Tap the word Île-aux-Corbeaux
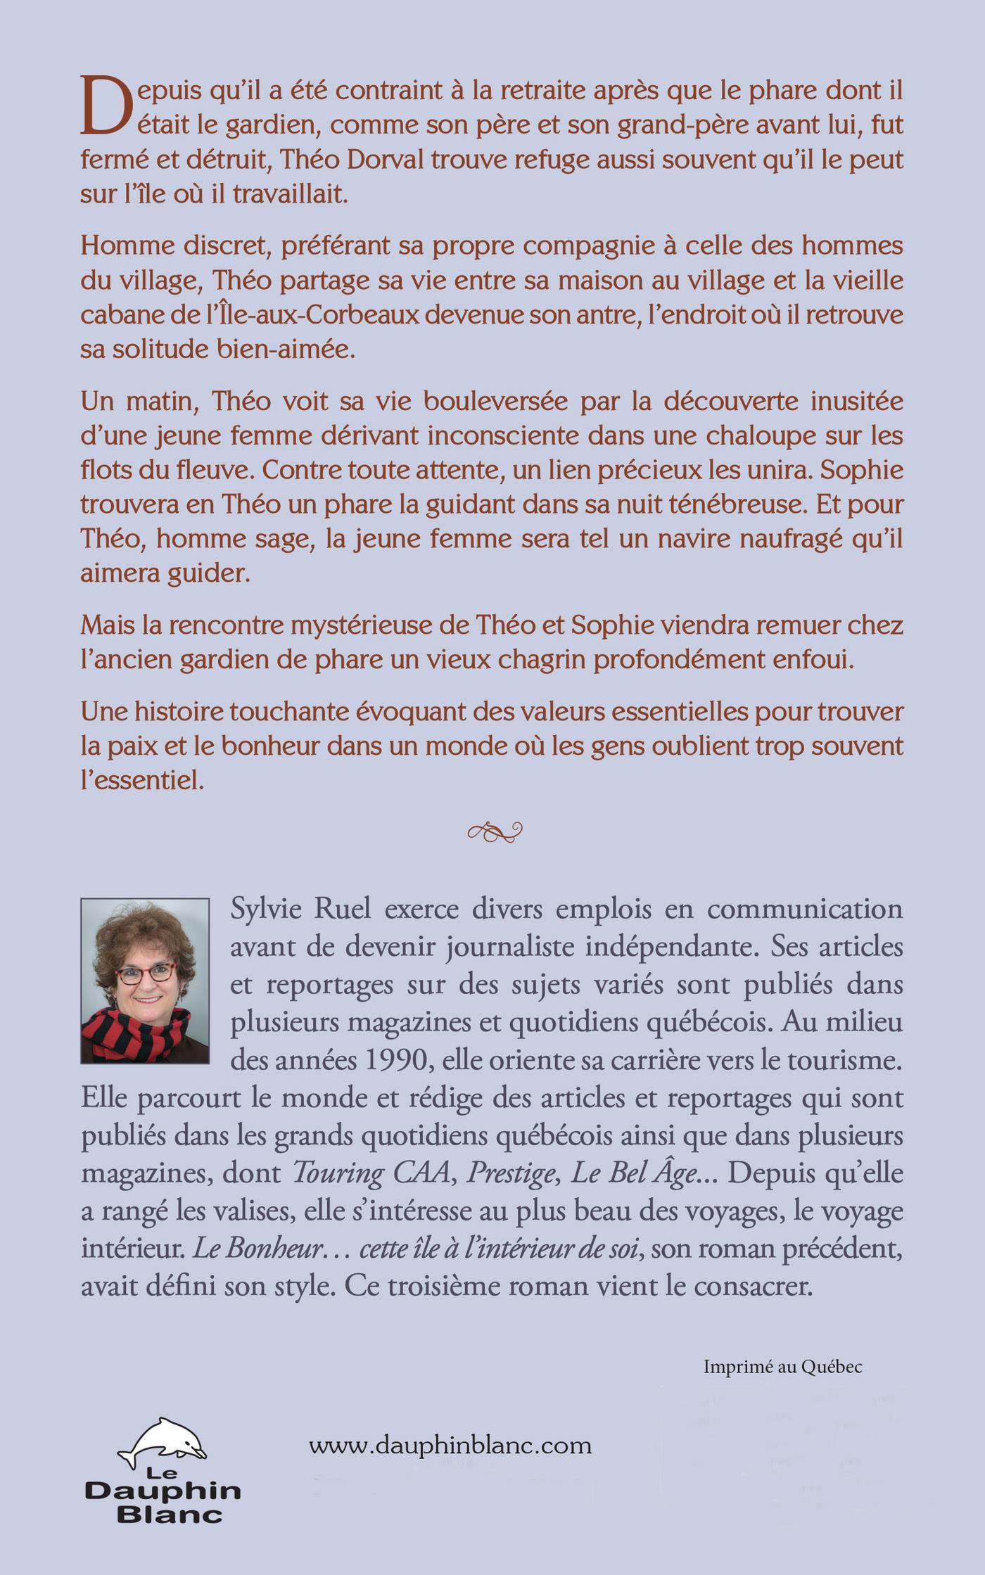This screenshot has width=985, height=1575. pyautogui.click(x=272, y=314)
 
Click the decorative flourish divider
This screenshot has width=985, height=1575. pyautogui.click(x=495, y=832)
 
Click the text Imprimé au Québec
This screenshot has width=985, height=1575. pyautogui.click(x=782, y=1367)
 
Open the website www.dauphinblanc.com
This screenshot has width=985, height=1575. pyautogui.click(x=450, y=1446)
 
